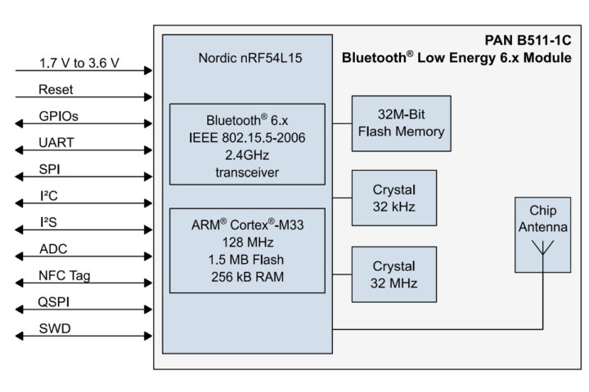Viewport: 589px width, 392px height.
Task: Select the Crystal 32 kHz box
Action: click(x=393, y=198)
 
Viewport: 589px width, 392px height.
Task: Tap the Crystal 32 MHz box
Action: click(x=393, y=274)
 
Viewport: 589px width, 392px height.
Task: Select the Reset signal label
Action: click(x=56, y=89)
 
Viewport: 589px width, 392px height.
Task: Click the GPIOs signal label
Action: click(x=59, y=116)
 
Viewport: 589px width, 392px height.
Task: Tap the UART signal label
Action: click(x=56, y=143)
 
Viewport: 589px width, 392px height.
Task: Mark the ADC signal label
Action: click(x=54, y=249)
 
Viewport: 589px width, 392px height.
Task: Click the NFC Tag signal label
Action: click(x=65, y=275)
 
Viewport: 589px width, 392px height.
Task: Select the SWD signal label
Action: click(x=55, y=329)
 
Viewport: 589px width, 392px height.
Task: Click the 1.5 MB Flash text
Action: click(x=246, y=259)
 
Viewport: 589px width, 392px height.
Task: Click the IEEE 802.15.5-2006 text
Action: click(x=246, y=137)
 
